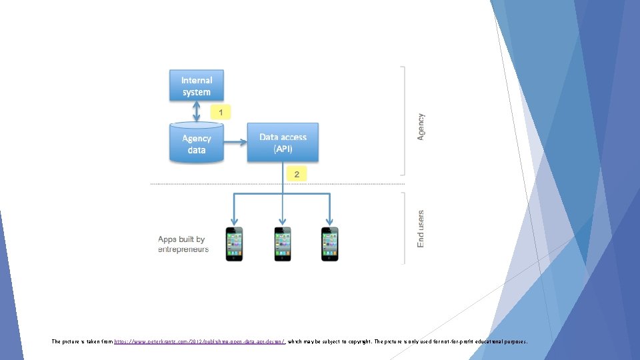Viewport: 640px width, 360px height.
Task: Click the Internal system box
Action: point(196,86)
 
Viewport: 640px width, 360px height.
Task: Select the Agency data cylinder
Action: point(196,144)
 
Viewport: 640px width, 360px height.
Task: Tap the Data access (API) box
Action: point(283,143)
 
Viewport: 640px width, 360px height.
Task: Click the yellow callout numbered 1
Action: point(220,112)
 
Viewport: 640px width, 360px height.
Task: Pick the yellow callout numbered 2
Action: point(296,175)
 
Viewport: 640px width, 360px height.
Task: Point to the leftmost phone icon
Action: point(234,243)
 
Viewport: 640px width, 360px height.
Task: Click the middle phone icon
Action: point(283,243)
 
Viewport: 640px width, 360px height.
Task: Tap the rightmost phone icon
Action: point(330,243)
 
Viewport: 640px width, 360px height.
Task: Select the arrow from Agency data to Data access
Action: point(235,142)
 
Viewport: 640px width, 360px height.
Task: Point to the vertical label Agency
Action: point(421,126)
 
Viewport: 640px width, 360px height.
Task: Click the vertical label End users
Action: point(421,229)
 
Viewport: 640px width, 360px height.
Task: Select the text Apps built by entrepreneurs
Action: point(183,244)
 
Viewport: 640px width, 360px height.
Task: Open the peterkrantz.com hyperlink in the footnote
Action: point(200,341)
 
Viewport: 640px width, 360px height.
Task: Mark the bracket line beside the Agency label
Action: point(403,120)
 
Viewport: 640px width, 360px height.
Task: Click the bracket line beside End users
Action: point(403,228)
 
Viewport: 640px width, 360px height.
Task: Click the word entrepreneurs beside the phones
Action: point(183,249)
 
